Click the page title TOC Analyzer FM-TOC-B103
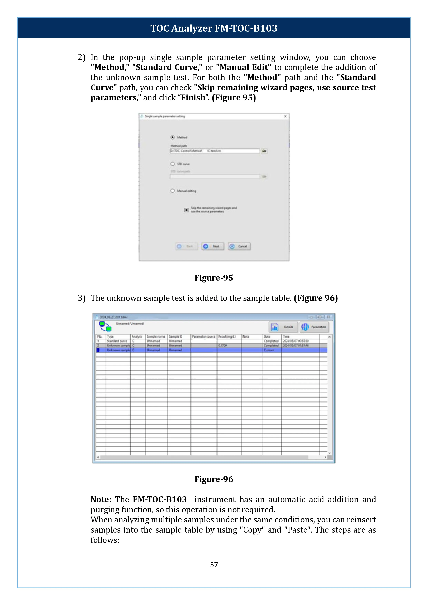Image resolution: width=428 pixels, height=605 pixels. pyautogui.click(x=214, y=28)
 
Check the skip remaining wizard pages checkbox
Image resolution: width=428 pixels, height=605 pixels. pyautogui.click(x=186, y=210)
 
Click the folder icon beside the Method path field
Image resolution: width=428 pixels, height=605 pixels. pyautogui.click(x=264, y=151)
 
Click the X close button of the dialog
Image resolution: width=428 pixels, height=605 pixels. pyautogui.click(x=285, y=116)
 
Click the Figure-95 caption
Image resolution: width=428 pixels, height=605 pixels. pyautogui.click(x=214, y=278)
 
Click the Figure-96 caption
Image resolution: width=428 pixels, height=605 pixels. pyautogui.click(x=214, y=479)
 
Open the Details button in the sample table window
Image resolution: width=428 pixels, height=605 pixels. pyautogui.click(x=283, y=327)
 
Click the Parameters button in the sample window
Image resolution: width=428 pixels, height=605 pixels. pyautogui.click(x=314, y=327)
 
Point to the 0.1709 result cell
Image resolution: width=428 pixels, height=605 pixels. pyautogui.click(x=223, y=345)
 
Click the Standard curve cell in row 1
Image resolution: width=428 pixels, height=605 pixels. pyautogui.click(x=117, y=341)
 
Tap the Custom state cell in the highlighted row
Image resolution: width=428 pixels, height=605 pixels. pyautogui.click(x=269, y=350)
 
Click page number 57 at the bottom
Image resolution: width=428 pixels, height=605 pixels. pyautogui.click(x=214, y=565)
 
